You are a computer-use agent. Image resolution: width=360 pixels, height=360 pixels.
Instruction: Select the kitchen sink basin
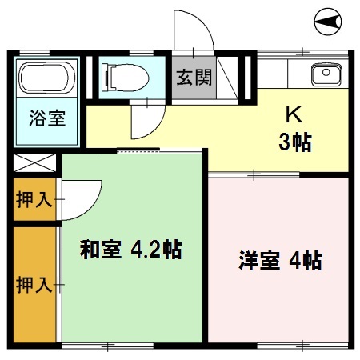tap(326, 76)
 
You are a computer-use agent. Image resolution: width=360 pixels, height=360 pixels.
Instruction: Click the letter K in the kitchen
tap(294, 114)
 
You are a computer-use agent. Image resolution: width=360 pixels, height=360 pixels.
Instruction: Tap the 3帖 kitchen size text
tap(294, 144)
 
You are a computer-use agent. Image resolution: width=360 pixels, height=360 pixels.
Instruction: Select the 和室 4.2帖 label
tap(130, 250)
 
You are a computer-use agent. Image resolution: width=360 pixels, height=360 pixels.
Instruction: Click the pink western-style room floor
tap(280, 304)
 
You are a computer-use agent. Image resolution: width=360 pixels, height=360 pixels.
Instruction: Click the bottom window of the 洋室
tap(280, 346)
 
